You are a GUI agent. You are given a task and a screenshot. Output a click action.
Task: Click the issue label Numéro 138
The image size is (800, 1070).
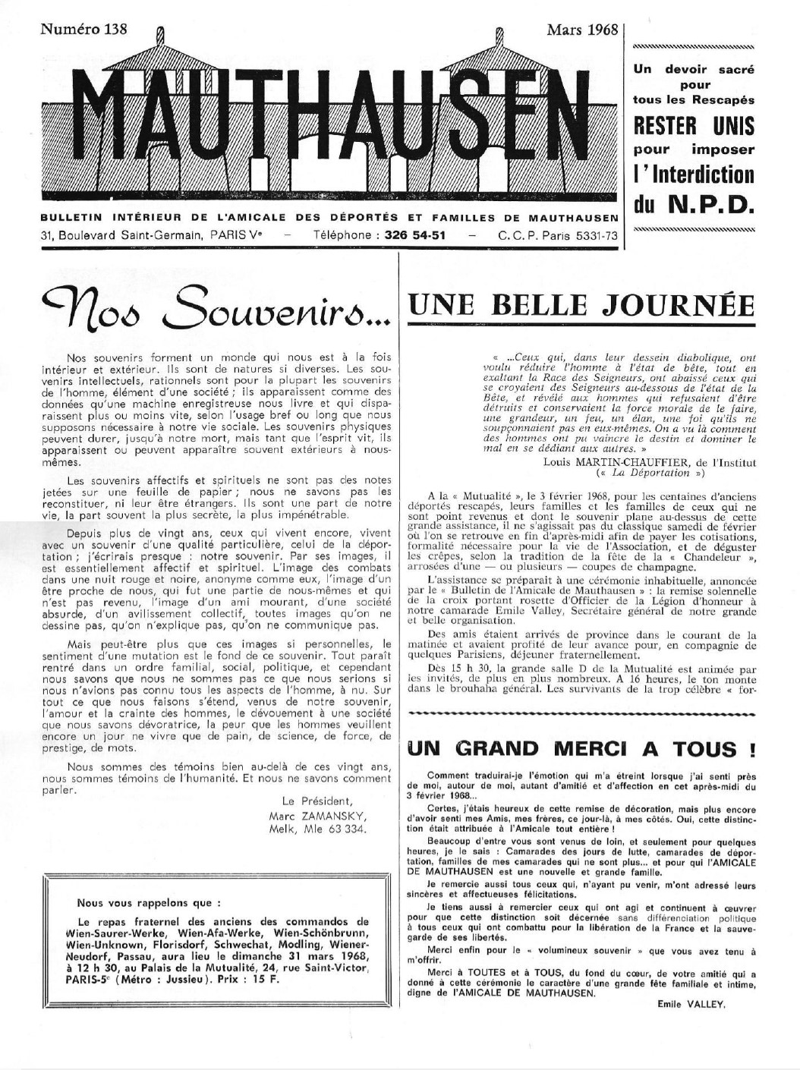(x=83, y=30)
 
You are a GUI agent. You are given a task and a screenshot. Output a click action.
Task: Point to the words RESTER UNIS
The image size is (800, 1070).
(x=693, y=124)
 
